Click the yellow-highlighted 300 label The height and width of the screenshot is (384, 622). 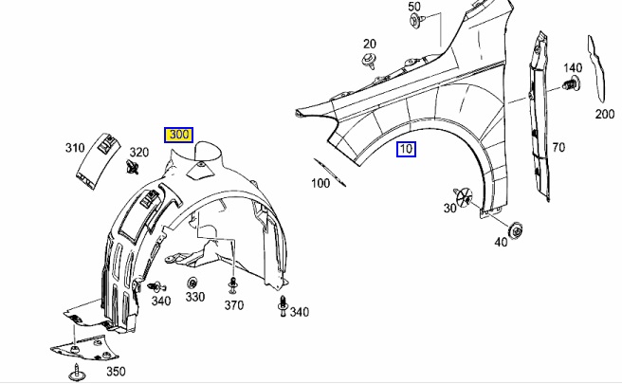[178, 136]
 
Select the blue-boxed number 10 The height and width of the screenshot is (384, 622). [406, 149]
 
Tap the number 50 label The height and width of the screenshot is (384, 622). [414, 7]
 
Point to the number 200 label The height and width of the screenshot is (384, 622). [605, 115]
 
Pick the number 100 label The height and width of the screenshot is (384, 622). [320, 182]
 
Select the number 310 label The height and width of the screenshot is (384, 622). [75, 148]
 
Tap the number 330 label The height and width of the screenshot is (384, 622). [194, 297]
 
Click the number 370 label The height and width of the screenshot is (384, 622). [234, 305]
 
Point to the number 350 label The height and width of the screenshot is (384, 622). [115, 371]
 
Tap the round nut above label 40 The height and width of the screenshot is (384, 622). [517, 227]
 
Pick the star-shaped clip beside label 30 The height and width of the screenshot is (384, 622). [465, 196]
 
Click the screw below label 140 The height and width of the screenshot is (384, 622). [571, 86]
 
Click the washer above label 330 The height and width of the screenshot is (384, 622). [192, 283]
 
